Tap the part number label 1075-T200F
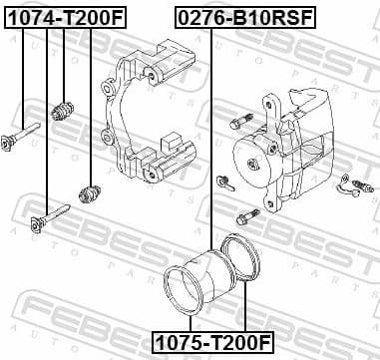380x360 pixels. click(x=211, y=342)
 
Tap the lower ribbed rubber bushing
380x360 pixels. click(x=93, y=189)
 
